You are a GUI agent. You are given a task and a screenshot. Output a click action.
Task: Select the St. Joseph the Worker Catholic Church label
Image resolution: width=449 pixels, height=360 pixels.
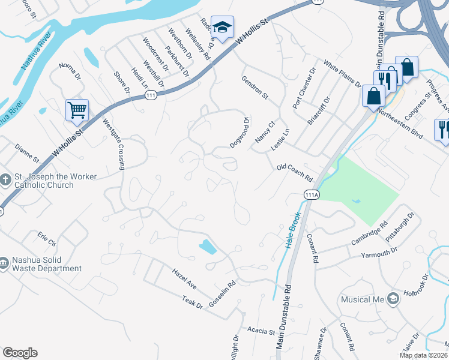click(41, 181)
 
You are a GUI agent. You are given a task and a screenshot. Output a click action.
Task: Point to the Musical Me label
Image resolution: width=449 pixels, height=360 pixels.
click(363, 299)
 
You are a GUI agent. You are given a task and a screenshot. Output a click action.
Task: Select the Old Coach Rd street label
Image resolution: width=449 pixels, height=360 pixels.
click(295, 173)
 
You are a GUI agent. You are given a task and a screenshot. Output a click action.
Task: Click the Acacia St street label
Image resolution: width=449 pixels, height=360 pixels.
click(260, 331)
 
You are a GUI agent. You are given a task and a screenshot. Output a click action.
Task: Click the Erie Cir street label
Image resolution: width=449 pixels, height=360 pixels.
click(46, 239)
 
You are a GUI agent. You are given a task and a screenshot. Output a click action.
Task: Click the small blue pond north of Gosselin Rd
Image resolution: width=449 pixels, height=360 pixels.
click(208, 247)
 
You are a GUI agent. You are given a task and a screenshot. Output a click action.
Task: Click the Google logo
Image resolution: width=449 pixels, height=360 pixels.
click(20, 353)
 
